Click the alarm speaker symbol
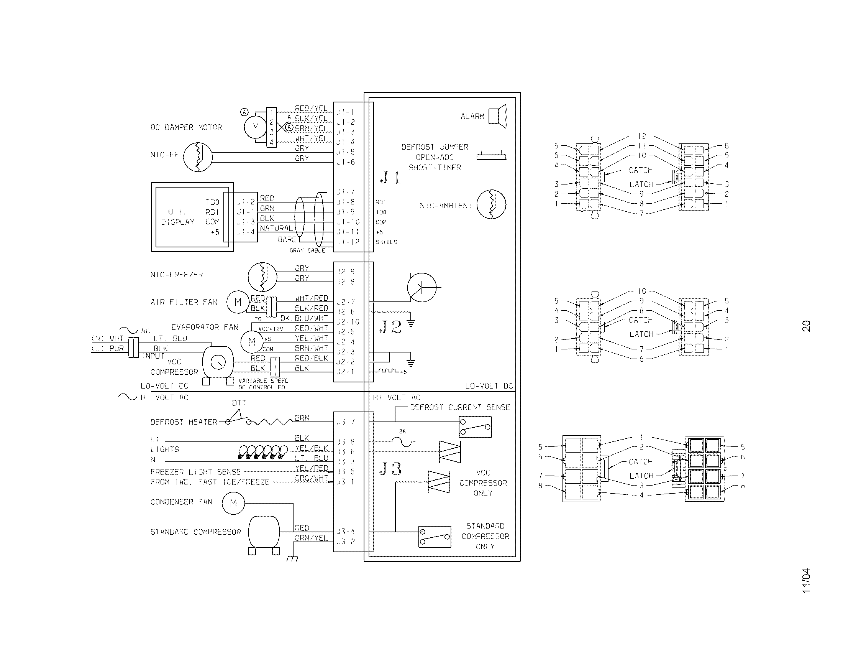[x=497, y=116]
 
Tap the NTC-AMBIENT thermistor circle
[x=491, y=204]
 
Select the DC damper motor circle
[x=255, y=127]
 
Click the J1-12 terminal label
[x=348, y=242]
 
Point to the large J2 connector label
[x=390, y=327]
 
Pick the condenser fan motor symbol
[x=233, y=503]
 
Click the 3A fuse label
[x=402, y=431]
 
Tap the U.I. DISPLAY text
[x=177, y=217]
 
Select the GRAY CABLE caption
[x=307, y=251]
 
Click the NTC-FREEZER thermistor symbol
[x=262, y=277]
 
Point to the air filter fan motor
[x=238, y=302]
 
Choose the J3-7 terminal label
[x=345, y=422]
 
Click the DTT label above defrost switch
[x=239, y=403]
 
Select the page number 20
[x=806, y=326]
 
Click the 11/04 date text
[x=806, y=581]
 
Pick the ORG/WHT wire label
[x=311, y=478]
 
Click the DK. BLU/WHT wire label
[x=304, y=318]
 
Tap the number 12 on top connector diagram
[x=641, y=136]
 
